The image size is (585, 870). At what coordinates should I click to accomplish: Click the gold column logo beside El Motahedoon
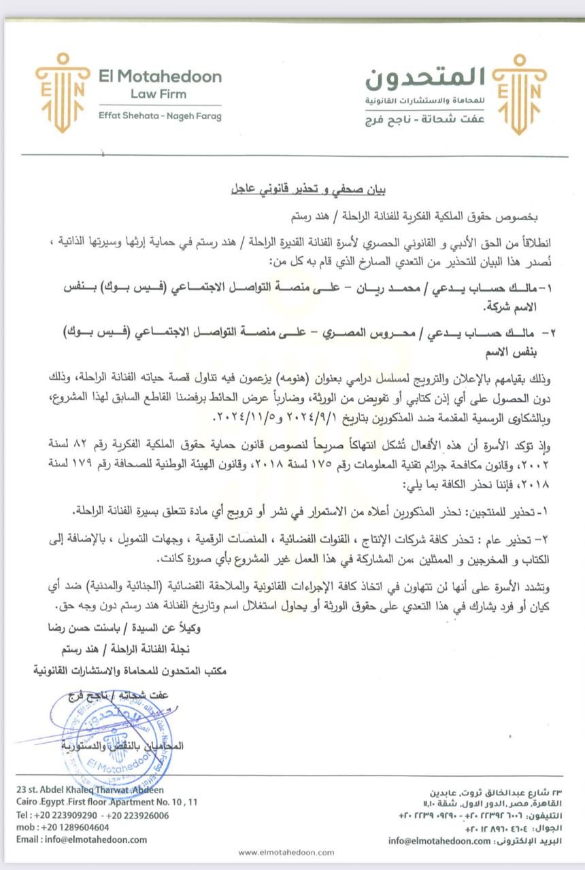click(63, 92)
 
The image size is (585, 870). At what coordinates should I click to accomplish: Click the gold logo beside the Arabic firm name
click(520, 92)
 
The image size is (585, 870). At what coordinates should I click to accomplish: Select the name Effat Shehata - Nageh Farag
click(160, 116)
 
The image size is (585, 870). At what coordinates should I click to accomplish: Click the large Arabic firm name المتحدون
click(425, 79)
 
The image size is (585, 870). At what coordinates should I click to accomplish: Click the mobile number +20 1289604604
click(76, 827)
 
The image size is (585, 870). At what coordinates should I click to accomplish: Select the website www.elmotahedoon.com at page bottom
click(286, 852)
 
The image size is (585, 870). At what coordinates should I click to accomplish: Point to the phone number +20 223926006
click(137, 815)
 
